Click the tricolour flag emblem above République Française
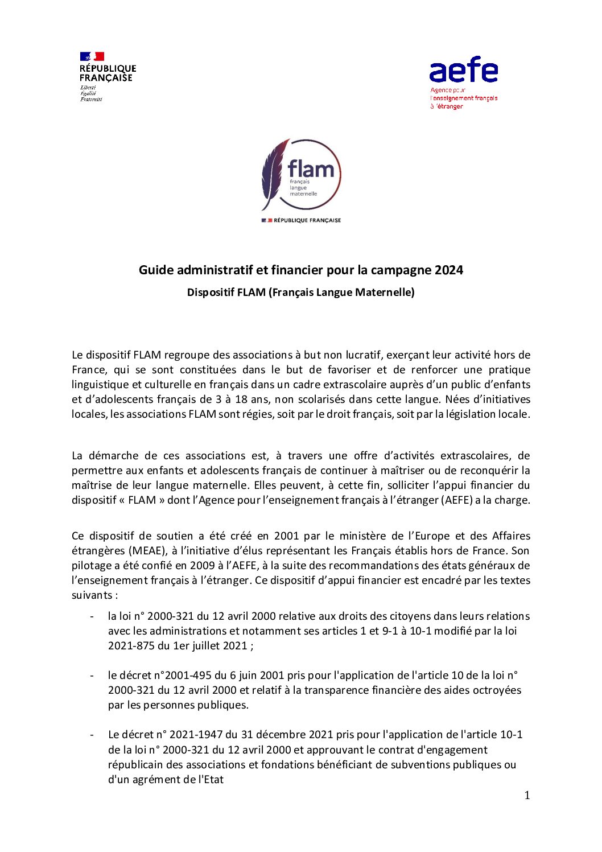click(x=92, y=56)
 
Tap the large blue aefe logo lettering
click(x=463, y=70)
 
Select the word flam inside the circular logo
click(x=311, y=169)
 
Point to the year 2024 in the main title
click(x=449, y=270)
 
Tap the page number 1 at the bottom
click(x=527, y=796)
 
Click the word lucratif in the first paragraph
click(x=361, y=355)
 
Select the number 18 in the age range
click(x=237, y=400)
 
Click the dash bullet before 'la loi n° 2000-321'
click(x=92, y=616)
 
